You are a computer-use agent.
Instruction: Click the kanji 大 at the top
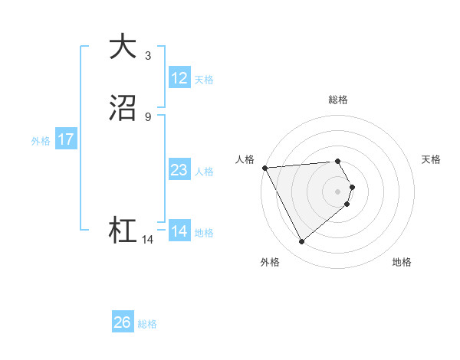[123, 47]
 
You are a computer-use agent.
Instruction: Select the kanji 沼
[123, 110]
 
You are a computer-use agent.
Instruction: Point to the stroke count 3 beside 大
[148, 55]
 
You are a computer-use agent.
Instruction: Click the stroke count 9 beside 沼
[148, 116]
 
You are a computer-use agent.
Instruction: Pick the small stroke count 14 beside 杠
[148, 240]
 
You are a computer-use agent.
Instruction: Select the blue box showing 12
[179, 78]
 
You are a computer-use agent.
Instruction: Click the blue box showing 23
[179, 170]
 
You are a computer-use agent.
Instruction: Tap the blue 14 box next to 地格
[179, 231]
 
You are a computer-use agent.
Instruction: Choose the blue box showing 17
[66, 140]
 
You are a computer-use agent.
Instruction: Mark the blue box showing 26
[123, 322]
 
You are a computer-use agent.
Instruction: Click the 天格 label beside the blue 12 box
[204, 80]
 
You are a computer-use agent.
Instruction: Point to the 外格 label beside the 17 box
[41, 141]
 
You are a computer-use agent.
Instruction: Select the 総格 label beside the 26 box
[147, 324]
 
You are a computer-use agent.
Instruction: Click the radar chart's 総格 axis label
[338, 100]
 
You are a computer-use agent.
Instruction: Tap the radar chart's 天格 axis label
[432, 159]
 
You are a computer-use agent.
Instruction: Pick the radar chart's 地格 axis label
[402, 263]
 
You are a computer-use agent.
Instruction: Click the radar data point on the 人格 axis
[264, 168]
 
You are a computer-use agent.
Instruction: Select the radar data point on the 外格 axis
[301, 242]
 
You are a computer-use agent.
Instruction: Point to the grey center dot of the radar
[338, 191]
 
